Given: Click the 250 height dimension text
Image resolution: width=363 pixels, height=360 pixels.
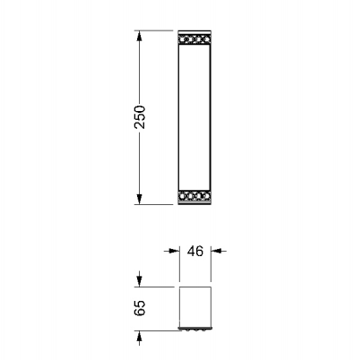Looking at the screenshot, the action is (140, 116).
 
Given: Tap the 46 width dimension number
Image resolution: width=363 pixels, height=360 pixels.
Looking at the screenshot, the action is (195, 251).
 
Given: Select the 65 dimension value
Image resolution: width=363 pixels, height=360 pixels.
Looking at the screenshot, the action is (140, 308).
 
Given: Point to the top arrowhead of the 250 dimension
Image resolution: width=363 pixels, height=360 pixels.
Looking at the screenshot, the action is (139, 37).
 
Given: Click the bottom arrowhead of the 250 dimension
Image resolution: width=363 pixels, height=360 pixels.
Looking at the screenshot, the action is (139, 199).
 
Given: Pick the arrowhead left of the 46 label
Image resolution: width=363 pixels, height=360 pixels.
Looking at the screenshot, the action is (174, 251).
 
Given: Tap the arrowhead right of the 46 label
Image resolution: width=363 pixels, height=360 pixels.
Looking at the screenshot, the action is (216, 251).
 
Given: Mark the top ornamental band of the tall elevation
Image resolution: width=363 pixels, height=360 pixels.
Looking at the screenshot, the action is (194, 39).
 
